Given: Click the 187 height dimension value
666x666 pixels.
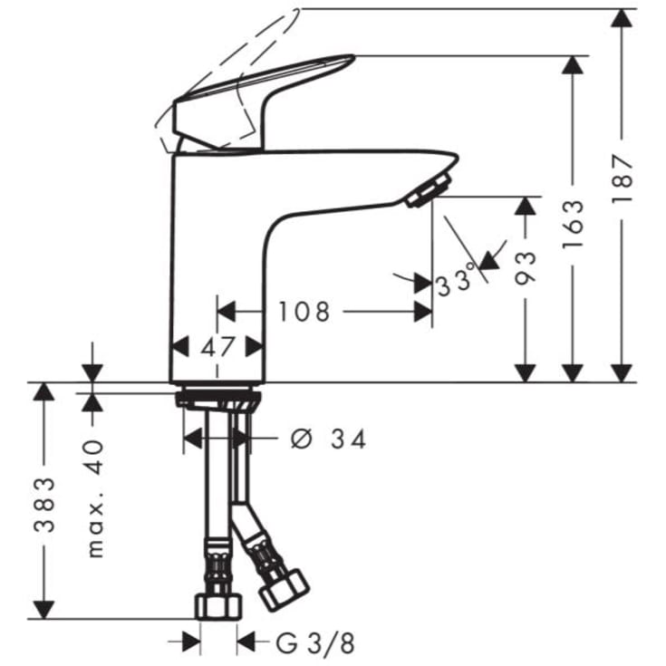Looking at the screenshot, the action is tap(623, 179).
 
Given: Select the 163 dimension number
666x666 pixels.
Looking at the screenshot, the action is tap(573, 224).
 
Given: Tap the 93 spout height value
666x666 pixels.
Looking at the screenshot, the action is tap(526, 268).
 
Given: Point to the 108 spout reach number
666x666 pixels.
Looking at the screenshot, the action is tap(304, 312).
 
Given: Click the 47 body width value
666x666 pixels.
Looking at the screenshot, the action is tap(217, 347).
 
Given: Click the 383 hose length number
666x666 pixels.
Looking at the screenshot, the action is tap(44, 505).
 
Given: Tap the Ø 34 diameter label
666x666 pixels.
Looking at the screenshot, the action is tap(328, 439).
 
